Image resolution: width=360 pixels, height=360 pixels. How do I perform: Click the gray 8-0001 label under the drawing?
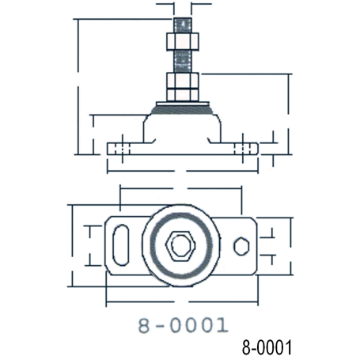pyautogui.click(x=183, y=325)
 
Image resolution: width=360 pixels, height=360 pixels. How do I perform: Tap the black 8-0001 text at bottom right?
pyautogui.click(x=267, y=347)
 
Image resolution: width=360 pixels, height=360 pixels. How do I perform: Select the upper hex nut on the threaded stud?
pyautogui.click(x=183, y=41)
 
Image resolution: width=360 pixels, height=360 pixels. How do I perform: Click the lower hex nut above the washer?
pyautogui.click(x=183, y=87)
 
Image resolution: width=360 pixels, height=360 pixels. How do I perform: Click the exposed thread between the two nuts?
pyautogui.click(x=183, y=62)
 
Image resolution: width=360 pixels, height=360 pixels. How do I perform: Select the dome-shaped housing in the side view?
pyautogui.click(x=182, y=128)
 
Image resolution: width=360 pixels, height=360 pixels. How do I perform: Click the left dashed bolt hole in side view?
pyautogui.click(x=122, y=149)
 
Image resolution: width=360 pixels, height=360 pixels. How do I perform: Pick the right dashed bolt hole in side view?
pyautogui.click(x=243, y=149)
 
